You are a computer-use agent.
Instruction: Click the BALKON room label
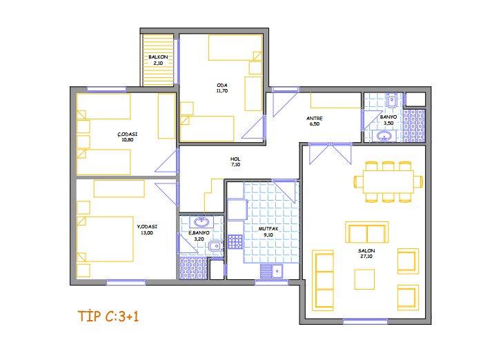(158, 57)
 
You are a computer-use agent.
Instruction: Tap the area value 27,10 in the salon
(366, 257)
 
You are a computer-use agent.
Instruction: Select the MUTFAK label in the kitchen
(268, 229)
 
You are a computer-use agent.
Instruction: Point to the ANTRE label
(315, 119)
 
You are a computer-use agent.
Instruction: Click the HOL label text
(235, 159)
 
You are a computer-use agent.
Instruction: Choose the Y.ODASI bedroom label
(147, 227)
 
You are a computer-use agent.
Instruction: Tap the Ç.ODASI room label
(128, 134)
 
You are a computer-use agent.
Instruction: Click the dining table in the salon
(388, 181)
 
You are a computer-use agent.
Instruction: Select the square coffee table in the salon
(364, 279)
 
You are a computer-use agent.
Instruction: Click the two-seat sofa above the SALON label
(366, 232)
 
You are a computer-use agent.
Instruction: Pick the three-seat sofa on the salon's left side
(323, 281)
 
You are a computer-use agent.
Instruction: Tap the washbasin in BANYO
(384, 137)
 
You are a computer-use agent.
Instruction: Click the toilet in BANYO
(392, 100)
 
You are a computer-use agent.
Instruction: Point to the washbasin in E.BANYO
(201, 221)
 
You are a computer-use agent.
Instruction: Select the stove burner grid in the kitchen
(235, 241)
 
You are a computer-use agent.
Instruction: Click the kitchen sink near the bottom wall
(271, 272)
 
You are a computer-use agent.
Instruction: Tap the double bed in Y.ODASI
(105, 239)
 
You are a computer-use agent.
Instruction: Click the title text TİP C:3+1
(108, 317)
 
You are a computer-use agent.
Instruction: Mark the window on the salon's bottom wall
(366, 321)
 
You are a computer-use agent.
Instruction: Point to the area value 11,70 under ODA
(222, 91)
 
